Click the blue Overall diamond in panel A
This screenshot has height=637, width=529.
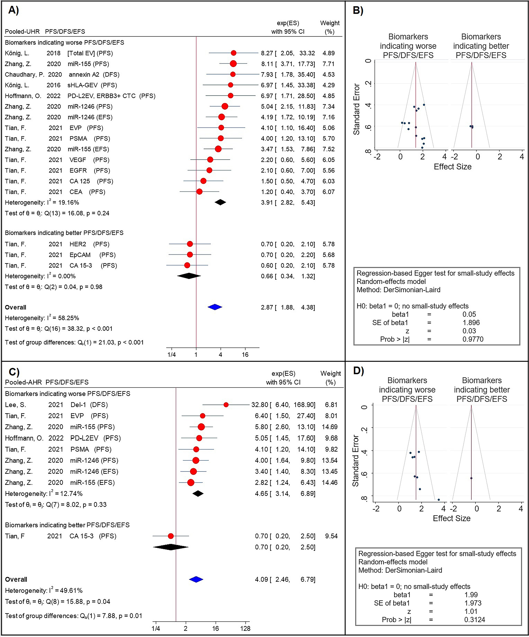(x=215, y=307)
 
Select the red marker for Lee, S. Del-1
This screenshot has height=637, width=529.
(x=226, y=405)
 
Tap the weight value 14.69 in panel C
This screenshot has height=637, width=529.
(x=329, y=427)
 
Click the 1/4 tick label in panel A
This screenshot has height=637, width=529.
(x=171, y=355)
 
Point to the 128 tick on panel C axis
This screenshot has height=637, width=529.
(x=245, y=629)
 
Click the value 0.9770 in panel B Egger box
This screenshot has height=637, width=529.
(x=473, y=339)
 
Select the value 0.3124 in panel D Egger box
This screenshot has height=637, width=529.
(x=474, y=620)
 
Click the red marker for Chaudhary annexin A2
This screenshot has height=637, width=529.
(x=233, y=74)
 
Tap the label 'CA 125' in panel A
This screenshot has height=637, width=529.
(x=80, y=181)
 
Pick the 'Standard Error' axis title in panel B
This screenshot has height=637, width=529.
(x=356, y=109)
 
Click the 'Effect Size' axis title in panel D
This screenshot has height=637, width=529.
(x=452, y=518)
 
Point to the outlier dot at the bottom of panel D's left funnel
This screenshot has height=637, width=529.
(x=439, y=500)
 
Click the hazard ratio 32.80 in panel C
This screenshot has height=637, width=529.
(x=260, y=405)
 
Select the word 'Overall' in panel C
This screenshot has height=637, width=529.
(x=16, y=579)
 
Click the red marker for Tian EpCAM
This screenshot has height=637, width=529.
(x=190, y=254)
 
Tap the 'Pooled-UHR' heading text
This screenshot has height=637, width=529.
(x=22, y=32)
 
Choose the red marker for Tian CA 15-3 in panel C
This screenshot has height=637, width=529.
(x=171, y=536)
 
